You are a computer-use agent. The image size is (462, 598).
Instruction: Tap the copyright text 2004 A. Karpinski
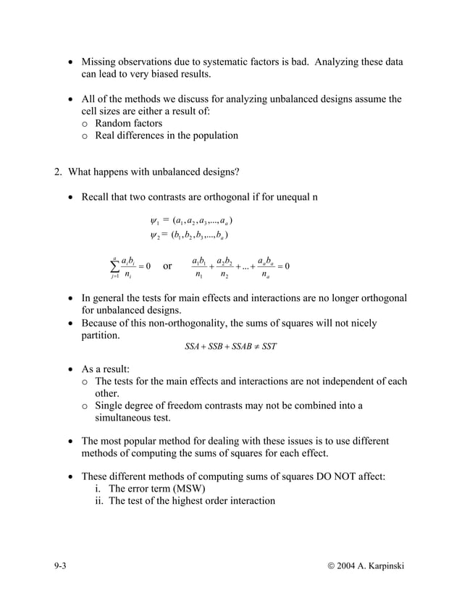369,564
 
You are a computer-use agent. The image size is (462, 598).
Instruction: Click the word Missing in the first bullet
101,62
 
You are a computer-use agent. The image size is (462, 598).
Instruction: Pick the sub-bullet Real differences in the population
166,135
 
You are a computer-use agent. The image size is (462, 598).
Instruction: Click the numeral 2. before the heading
59,172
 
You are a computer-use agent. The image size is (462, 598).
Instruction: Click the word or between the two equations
167,266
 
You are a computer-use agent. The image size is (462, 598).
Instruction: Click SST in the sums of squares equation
269,346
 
